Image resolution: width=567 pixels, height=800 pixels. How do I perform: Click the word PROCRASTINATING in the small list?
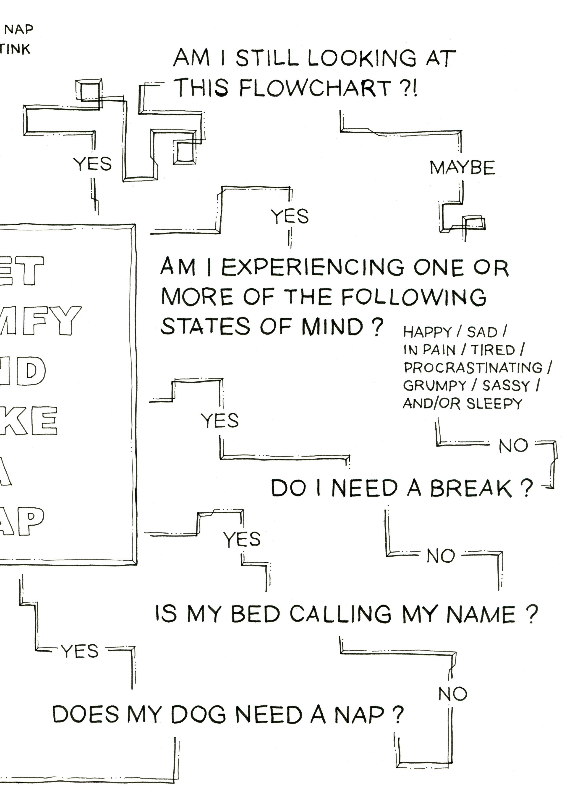point(473,368)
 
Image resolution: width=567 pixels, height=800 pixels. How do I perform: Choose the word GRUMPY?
point(434,386)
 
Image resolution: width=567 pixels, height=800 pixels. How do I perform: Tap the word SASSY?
point(506,386)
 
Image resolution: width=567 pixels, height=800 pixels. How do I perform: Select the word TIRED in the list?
point(493,350)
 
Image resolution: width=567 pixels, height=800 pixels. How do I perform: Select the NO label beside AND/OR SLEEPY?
point(513,446)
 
